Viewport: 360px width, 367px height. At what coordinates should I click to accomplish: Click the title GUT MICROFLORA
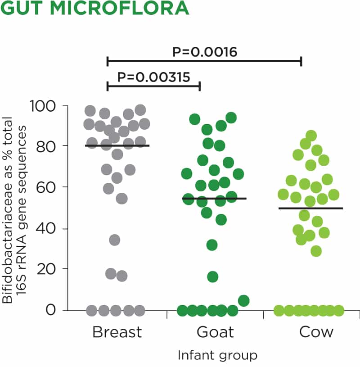[x=94, y=9]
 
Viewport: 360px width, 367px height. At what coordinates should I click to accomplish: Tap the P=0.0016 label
[x=205, y=52]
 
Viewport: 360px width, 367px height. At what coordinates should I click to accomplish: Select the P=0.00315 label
[x=153, y=77]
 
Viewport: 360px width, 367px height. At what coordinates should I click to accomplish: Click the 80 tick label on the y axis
[x=49, y=146]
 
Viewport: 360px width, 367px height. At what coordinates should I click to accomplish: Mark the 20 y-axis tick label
[x=49, y=269]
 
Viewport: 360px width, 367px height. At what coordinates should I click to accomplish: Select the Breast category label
[x=117, y=332]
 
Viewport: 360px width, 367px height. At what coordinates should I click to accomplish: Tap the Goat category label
[x=215, y=332]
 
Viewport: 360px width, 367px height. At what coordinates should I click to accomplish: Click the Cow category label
[x=316, y=332]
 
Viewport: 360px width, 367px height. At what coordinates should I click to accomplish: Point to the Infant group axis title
[x=218, y=355]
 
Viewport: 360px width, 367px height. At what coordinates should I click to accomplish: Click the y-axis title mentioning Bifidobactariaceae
[x=13, y=208]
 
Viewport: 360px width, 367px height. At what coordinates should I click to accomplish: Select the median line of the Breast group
[x=117, y=145]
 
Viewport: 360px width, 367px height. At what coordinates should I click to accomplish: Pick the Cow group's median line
[x=317, y=208]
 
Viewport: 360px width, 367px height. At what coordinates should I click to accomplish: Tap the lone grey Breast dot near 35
[x=115, y=240]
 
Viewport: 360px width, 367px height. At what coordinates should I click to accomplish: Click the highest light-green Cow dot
[x=311, y=136]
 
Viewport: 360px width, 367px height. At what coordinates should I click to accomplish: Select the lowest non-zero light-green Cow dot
[x=316, y=251]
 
